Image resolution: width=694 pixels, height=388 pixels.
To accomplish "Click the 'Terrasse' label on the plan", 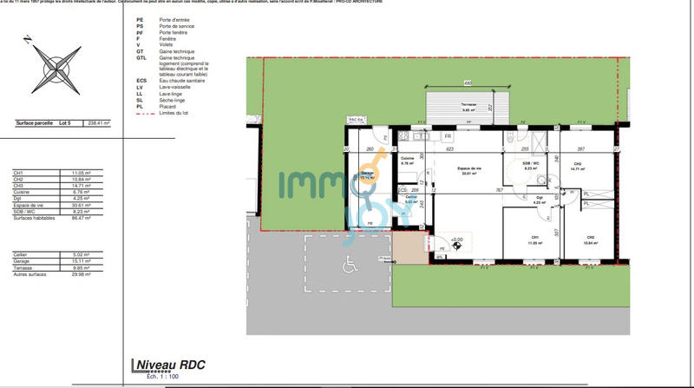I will [x=469, y=105].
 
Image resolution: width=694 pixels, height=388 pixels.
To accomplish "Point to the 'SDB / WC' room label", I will [x=532, y=163].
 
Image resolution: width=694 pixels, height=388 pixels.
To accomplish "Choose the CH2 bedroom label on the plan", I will [x=589, y=237].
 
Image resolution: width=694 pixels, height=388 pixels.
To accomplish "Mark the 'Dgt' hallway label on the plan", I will [x=539, y=198].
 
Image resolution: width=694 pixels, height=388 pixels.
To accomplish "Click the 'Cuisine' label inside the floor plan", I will [x=408, y=159].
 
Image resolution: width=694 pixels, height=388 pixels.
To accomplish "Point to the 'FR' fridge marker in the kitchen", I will [x=448, y=137].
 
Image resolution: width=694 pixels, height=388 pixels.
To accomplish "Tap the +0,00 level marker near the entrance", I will [x=456, y=240].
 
